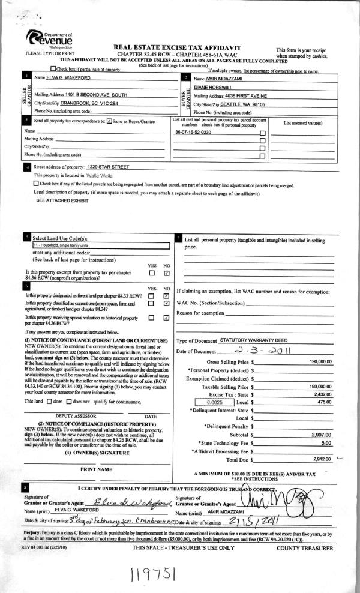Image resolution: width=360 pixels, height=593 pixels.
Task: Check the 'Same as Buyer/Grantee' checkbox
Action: tap(109, 122)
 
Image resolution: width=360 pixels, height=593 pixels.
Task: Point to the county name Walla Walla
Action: tap(107, 175)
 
